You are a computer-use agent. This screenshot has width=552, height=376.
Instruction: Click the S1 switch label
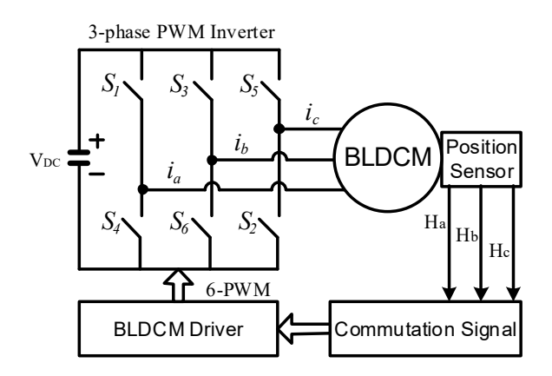coord(111,85)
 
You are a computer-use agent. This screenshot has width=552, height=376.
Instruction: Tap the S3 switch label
coord(180,85)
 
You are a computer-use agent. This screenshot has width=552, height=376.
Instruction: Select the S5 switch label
coord(250,85)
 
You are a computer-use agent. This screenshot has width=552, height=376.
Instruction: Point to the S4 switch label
coord(111,222)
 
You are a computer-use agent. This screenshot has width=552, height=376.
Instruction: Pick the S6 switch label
coord(180,222)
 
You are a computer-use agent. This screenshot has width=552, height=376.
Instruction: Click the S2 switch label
coord(248,222)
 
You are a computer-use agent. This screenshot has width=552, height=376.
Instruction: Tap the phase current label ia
coord(174,175)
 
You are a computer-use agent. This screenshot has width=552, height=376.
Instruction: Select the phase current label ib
coord(241,144)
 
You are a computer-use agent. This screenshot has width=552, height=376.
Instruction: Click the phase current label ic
coord(312,115)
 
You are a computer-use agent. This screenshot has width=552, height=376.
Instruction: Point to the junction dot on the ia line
coord(142,189)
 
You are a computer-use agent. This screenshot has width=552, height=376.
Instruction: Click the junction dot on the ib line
coord(212,160)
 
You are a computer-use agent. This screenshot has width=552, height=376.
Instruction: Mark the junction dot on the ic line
coord(279,129)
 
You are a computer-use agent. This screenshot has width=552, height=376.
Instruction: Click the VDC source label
coord(45,161)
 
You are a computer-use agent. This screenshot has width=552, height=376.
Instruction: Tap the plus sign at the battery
coord(97,142)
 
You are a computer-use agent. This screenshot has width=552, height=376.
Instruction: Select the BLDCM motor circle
coord(387,157)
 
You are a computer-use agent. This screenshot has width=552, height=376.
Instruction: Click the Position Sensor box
coord(481,159)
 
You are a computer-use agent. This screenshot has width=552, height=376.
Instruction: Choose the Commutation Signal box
coord(425,328)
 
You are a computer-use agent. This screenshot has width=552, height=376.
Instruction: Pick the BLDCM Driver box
coord(178,328)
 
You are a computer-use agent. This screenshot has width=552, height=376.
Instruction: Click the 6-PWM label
coord(239,290)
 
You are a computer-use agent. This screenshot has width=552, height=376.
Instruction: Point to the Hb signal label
coord(467,235)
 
